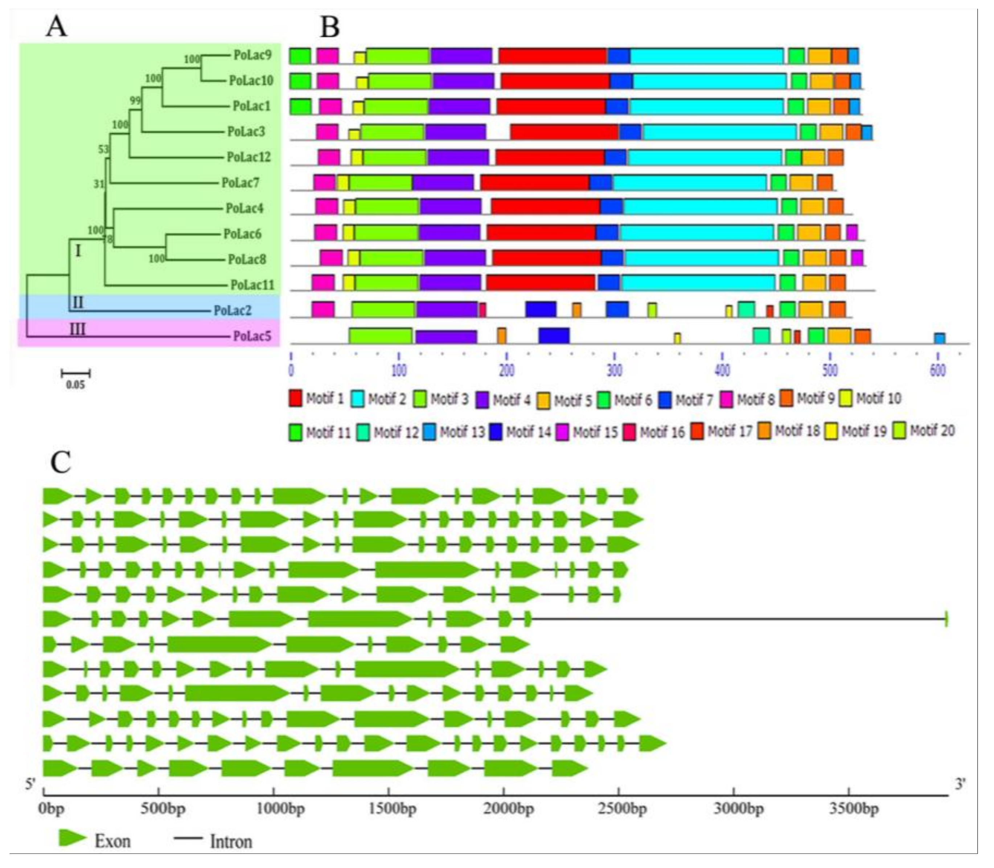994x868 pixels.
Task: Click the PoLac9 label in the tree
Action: [252, 55]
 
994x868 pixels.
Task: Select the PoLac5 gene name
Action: [252, 336]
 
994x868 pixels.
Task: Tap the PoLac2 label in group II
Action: [233, 310]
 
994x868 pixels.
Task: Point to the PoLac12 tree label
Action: [248, 157]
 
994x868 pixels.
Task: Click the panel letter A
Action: [56, 26]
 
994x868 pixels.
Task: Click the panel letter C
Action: [61, 463]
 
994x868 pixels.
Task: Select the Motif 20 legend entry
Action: [924, 431]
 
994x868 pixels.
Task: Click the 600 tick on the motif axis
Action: [937, 370]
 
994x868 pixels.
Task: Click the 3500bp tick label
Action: [854, 809]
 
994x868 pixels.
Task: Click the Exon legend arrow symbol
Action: [72, 838]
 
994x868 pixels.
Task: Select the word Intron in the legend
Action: [230, 842]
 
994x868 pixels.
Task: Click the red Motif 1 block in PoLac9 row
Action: [553, 56]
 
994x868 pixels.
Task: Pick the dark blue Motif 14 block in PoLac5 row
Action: [554, 336]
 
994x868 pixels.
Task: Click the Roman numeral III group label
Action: [78, 330]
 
